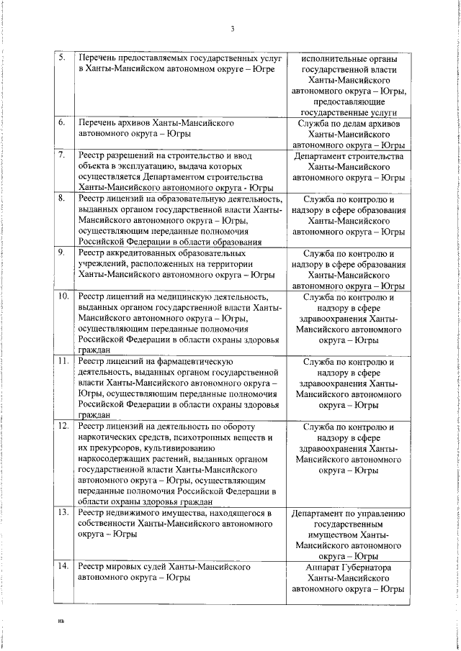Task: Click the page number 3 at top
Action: [232, 29]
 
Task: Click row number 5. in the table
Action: [62, 56]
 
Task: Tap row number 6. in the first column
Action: [62, 123]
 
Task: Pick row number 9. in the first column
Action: [62, 253]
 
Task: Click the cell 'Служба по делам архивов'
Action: [348, 124]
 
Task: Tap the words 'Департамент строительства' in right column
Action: [348, 155]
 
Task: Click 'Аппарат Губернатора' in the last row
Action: [348, 567]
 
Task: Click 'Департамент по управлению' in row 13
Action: [348, 514]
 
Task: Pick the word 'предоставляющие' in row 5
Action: [348, 102]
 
